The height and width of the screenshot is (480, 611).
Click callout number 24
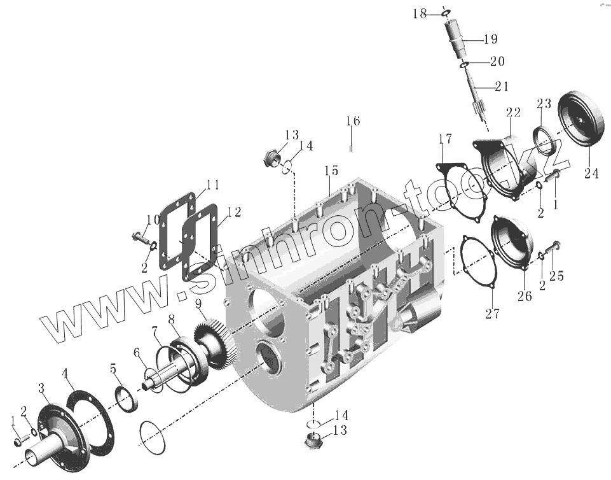(591, 173)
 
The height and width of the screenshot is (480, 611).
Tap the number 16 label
(353, 121)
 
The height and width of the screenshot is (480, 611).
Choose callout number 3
(41, 388)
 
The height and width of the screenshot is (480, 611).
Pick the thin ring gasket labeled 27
(478, 264)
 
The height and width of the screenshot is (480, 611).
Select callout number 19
(490, 39)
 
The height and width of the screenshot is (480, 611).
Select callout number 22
(514, 113)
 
